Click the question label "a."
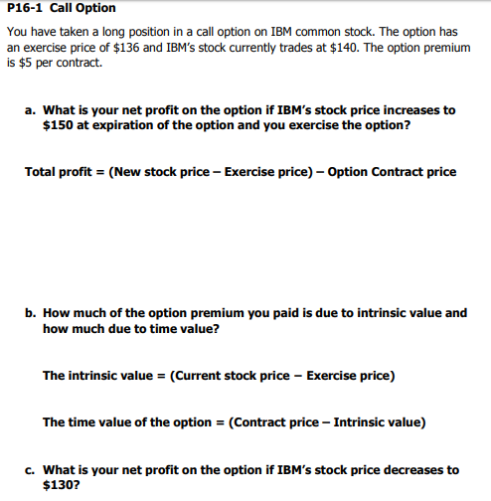pos(31,110)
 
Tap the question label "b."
pos(32,312)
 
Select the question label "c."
pos(31,469)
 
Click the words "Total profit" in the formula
pos(57,172)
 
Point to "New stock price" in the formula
pos(158,172)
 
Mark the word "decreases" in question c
pos(414,469)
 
